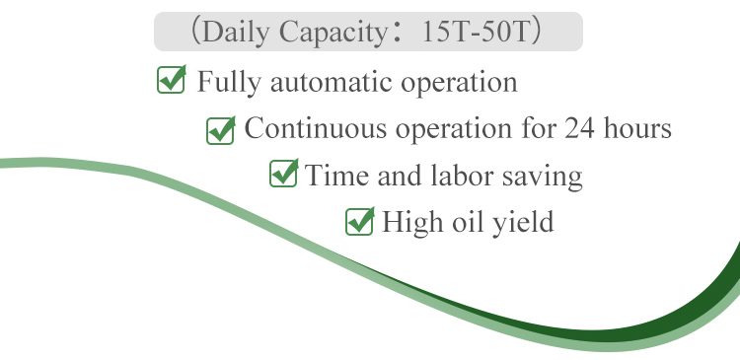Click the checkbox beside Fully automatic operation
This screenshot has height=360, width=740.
tap(172, 80)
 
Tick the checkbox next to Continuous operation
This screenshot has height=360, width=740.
tap(219, 129)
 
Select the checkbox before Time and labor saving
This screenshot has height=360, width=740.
tap(283, 176)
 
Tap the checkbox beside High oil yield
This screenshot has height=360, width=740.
tap(359, 222)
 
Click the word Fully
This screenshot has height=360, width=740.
tap(224, 82)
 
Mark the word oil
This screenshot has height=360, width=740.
tap(465, 222)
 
